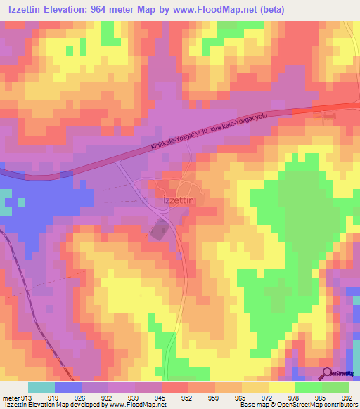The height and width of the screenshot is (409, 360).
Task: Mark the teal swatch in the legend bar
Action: (x=41, y=387)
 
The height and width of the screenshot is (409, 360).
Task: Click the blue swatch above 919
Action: (x=68, y=387)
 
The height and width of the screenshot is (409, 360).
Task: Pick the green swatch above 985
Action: (x=309, y=387)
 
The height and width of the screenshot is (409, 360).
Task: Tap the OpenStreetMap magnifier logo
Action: (x=326, y=372)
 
